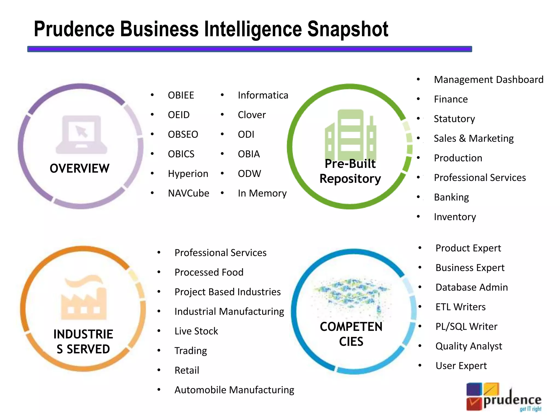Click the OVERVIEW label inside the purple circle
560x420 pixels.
[80, 168]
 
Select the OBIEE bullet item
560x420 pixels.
[181, 95]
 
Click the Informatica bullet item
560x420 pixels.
[263, 95]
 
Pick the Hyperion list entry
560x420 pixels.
[188, 174]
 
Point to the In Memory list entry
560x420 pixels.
[262, 193]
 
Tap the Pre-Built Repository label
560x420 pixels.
[350, 171]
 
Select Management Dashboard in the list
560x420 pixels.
[488, 80]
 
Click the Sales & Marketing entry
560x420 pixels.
[473, 138]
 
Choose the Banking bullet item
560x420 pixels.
[451, 197]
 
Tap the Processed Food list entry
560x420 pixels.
[209, 272]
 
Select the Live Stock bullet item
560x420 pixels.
[196, 331]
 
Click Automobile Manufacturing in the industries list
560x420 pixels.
[234, 390]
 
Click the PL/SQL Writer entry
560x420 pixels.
[466, 326]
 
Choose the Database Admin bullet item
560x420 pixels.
[471, 287]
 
